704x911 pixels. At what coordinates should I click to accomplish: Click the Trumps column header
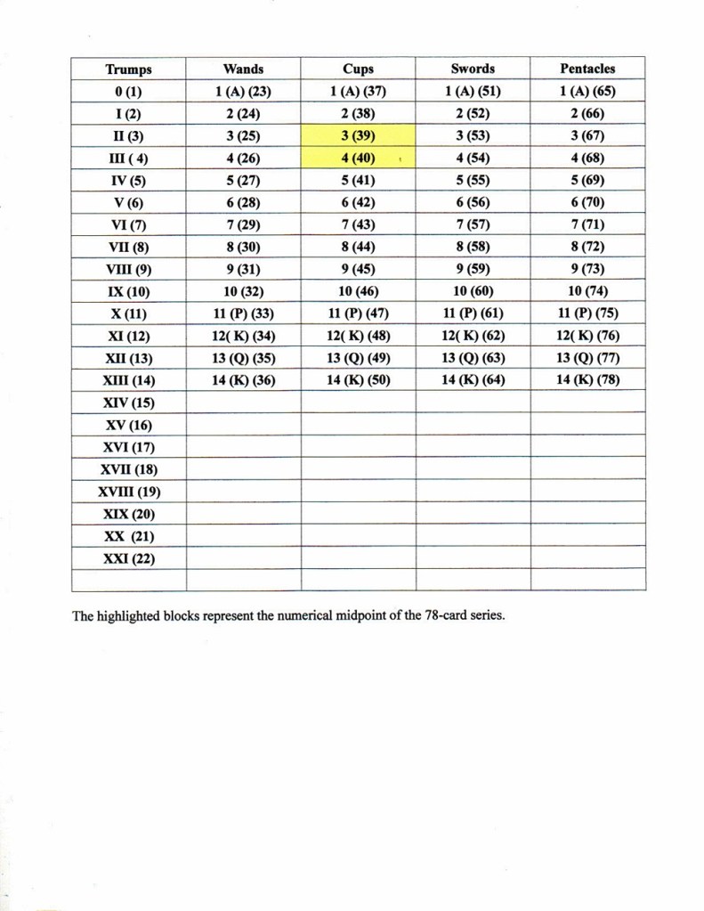coord(128,69)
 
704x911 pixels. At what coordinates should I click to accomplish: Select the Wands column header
coord(243,69)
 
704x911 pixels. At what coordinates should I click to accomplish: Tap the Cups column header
coord(358,69)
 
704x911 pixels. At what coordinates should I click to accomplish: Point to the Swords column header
coord(473,69)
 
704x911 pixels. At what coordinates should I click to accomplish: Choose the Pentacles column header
coord(587,69)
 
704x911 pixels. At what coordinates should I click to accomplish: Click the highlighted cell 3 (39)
coord(358,135)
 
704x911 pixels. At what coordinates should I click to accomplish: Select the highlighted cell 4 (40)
coord(358,158)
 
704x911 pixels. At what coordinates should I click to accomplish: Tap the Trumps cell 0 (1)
coord(128,92)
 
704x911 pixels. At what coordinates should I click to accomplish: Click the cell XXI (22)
coord(128,558)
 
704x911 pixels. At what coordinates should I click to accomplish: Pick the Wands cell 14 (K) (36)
coord(243,380)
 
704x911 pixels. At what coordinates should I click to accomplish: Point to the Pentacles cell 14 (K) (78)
coord(587,380)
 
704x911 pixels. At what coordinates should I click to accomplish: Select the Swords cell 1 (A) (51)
coord(473,91)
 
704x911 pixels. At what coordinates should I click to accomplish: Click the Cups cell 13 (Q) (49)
coord(358,358)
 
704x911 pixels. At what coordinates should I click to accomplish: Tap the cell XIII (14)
coord(128,380)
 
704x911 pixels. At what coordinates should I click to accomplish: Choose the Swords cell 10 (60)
coord(473,291)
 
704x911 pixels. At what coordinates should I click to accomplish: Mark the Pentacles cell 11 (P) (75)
coord(587,313)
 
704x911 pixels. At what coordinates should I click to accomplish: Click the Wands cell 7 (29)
coord(243,224)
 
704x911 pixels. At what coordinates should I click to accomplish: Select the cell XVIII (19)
coord(128,492)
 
